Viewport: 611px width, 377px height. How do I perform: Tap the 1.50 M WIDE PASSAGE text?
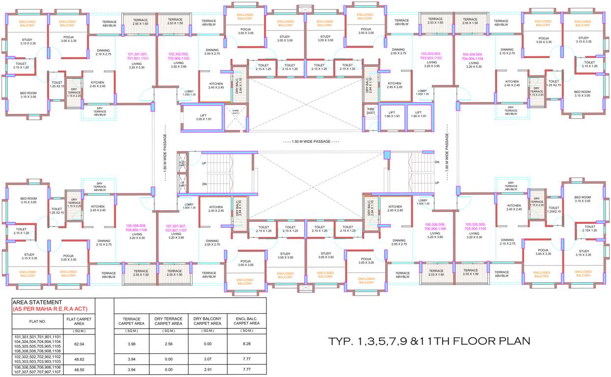point(311,141)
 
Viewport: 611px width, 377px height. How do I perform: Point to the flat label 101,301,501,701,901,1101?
point(140,56)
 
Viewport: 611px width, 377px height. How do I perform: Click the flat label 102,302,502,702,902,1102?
point(179,56)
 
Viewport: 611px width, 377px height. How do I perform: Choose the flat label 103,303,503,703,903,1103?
point(431,55)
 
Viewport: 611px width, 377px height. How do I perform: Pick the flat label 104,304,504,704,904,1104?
point(473,56)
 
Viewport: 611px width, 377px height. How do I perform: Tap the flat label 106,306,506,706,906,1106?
point(435,226)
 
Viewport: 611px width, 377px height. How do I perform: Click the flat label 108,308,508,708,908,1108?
point(136,228)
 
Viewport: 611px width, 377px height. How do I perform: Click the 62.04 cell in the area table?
point(79,344)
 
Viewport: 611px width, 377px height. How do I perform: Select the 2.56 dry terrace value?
point(169,344)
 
